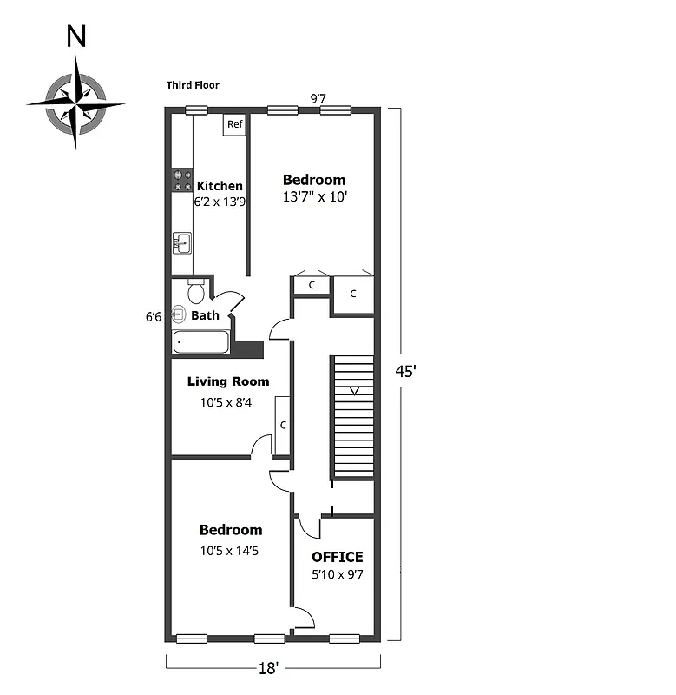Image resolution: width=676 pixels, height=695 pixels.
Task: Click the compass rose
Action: point(75,103)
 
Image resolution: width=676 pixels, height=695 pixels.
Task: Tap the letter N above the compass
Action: point(77,36)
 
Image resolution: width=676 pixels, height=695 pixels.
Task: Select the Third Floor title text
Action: point(193,85)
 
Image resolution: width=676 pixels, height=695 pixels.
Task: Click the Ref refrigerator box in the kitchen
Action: point(234,125)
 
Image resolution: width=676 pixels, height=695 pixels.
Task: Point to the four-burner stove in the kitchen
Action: point(181,180)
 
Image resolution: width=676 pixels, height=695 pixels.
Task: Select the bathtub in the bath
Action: point(201,342)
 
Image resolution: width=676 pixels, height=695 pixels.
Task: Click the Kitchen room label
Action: point(220,186)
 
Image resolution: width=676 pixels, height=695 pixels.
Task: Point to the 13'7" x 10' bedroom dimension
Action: point(314,197)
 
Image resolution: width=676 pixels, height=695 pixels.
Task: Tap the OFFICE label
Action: point(337,557)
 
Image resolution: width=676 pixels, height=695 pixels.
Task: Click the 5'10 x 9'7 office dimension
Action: point(337,574)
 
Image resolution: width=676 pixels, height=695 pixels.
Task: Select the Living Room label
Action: point(228,381)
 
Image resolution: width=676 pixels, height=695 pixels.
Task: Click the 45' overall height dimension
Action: point(405,371)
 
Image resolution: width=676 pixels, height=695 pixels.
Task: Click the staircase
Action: point(353,417)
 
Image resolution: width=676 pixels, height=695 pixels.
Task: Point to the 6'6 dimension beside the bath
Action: point(154,317)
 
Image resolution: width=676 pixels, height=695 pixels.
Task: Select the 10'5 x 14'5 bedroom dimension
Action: point(230,549)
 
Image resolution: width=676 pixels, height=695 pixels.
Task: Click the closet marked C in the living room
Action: point(282,426)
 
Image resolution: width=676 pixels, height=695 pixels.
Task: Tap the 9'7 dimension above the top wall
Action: point(319,98)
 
